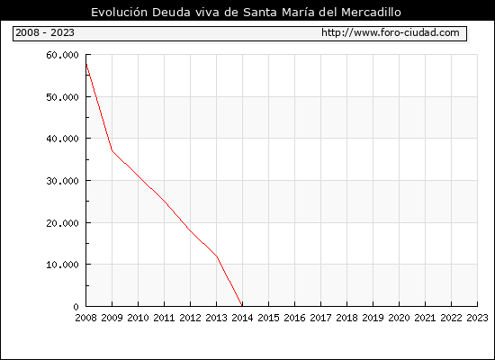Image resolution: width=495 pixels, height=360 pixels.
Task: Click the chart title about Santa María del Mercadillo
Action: (246, 13)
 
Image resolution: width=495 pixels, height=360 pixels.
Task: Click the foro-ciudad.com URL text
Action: (391, 32)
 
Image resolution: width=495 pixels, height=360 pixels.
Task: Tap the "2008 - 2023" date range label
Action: (45, 32)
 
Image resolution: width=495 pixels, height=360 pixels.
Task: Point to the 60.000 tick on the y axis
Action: (62, 55)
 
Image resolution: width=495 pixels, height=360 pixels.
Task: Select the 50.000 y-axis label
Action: (62, 97)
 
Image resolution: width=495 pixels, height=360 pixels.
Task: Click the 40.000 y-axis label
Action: (62, 139)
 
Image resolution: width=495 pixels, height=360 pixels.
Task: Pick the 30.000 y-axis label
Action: (62, 181)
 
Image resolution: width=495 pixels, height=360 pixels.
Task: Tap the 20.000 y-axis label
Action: (62, 223)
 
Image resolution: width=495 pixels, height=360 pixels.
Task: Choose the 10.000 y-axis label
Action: (62, 265)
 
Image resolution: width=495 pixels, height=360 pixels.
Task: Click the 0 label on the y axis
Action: (76, 307)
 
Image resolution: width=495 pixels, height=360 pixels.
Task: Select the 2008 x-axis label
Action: (85, 318)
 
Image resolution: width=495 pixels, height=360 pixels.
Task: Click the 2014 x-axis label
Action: (242, 318)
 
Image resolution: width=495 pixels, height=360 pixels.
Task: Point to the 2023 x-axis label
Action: (477, 318)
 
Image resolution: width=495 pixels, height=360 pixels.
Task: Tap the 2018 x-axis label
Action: (346, 318)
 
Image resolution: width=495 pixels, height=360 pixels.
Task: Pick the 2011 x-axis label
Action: (164, 318)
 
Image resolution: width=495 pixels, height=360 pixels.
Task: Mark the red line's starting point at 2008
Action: (86, 64)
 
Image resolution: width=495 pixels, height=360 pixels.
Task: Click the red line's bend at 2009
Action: (112, 150)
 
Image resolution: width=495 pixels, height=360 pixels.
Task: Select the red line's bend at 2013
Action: (217, 256)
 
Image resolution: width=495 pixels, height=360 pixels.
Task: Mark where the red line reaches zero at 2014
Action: (242, 306)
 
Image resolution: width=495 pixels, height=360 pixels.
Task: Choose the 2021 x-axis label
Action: (425, 318)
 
